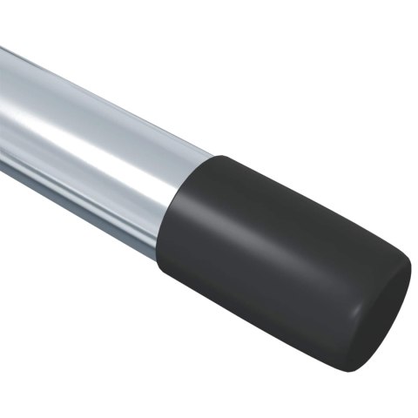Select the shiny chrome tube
point(96,148)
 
